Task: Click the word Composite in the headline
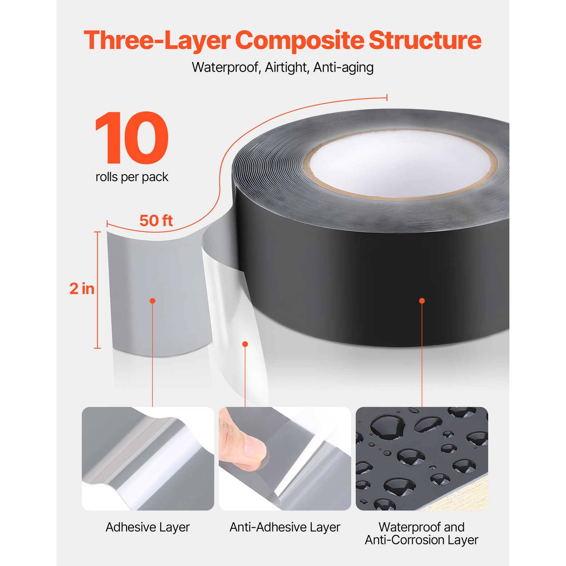point(299,40)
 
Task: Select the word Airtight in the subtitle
point(286,67)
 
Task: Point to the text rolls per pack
point(132,177)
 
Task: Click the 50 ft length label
point(156,221)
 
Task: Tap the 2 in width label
point(82,289)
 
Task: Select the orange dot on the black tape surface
point(422,301)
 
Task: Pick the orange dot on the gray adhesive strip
point(152,301)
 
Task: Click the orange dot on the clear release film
point(245,344)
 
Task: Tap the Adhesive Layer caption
point(148,527)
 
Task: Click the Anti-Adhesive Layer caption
point(285,527)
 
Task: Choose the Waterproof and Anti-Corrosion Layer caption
point(422,533)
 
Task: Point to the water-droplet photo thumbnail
point(422,458)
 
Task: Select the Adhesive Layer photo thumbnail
point(148,458)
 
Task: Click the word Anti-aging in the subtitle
point(343,67)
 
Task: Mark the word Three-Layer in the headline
point(157,40)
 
